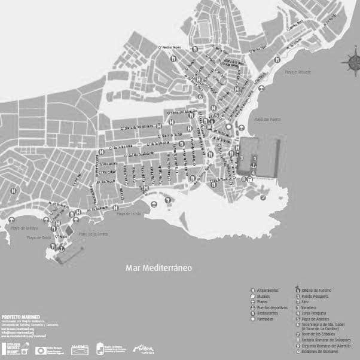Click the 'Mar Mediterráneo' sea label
tap(158, 268)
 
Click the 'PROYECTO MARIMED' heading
tap(17, 315)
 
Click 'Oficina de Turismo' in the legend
tap(316, 291)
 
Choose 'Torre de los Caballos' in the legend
tap(318, 334)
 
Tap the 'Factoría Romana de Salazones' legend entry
tap(322, 340)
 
